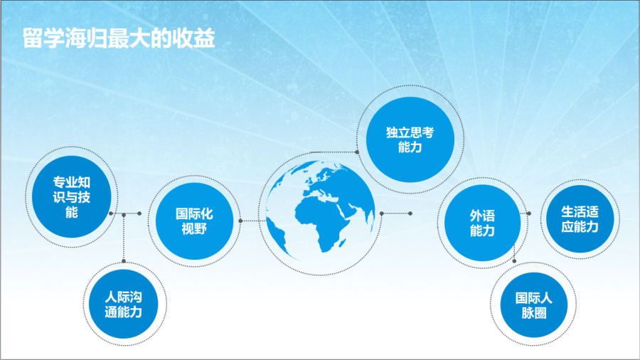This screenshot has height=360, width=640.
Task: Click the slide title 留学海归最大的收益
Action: click(x=119, y=39)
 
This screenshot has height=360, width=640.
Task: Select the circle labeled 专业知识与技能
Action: click(x=71, y=197)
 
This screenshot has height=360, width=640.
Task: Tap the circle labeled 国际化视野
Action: click(x=194, y=221)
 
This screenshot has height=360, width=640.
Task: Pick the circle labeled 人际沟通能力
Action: click(x=123, y=304)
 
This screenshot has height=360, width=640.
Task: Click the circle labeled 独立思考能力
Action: click(x=410, y=139)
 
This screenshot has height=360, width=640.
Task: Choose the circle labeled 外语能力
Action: click(x=482, y=223)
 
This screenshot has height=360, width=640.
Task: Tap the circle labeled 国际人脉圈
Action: click(x=534, y=305)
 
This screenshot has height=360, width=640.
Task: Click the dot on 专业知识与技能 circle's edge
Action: click(x=111, y=213)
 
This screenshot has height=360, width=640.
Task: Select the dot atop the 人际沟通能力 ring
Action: click(x=124, y=261)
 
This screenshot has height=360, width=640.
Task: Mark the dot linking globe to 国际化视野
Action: click(x=240, y=221)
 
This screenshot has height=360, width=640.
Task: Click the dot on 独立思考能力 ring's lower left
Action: click(x=357, y=152)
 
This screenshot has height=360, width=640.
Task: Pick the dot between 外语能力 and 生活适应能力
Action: click(x=528, y=213)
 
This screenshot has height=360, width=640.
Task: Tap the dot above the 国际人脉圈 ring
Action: click(x=514, y=261)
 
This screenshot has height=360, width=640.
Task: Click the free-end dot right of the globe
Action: click(x=410, y=213)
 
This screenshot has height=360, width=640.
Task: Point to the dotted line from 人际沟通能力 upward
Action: click(x=124, y=238)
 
